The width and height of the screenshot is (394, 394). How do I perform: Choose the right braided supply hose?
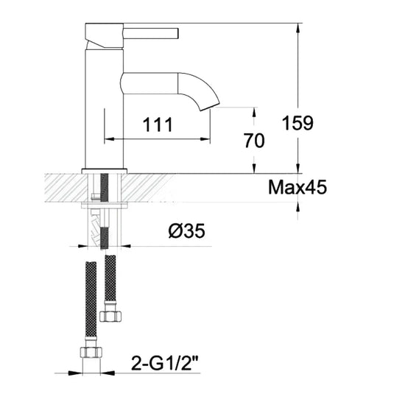coord(110,280)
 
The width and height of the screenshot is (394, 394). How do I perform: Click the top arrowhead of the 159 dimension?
coord(298,27)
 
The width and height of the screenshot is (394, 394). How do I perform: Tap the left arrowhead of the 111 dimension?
coord(109,138)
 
